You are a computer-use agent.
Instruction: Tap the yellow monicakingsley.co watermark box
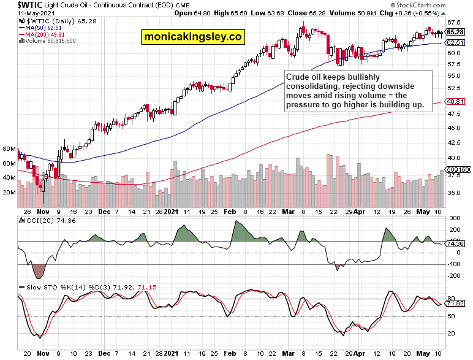point(192,37)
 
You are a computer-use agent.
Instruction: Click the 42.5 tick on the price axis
point(454,142)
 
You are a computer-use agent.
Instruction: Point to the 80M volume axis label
point(9,149)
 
